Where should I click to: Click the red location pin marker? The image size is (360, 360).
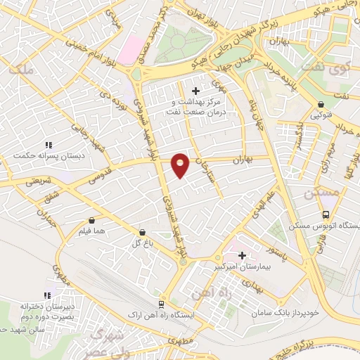coord(181,165)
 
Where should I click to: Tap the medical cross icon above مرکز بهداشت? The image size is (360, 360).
coord(195,91)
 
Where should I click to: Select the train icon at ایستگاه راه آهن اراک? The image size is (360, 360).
coord(162,304)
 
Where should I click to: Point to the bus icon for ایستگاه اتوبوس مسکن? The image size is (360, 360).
coord(326,214)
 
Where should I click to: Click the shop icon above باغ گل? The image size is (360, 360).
coord(143,232)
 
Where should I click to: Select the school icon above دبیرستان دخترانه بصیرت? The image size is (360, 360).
coord(46,295)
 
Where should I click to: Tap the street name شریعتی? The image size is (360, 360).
coord(39,181)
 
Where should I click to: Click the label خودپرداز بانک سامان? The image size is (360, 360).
coord(287,311)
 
